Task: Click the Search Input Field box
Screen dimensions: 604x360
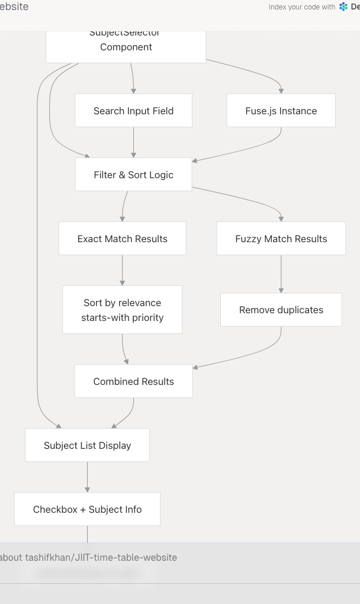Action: tap(133, 111)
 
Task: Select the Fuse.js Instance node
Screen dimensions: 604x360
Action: tap(281, 111)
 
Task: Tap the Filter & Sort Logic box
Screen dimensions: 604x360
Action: tap(133, 175)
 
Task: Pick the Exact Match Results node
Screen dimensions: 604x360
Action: tap(122, 239)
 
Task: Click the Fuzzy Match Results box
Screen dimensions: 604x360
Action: tap(281, 239)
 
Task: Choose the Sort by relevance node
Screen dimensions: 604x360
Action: tap(122, 310)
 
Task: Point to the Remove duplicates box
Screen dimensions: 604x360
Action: tap(281, 310)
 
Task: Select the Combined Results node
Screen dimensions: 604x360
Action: tap(133, 381)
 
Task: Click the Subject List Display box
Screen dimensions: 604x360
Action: tap(87, 445)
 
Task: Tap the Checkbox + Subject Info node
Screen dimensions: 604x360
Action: tap(87, 509)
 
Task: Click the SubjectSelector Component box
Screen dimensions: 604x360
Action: tap(126, 47)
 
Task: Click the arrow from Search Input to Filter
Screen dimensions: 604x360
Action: tap(133, 142)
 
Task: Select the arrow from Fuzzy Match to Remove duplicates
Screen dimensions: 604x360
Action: tap(281, 272)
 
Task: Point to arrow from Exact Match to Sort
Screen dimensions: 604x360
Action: tap(123, 269)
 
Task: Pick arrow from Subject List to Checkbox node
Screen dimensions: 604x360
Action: tap(88, 476)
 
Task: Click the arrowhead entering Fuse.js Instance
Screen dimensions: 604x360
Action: tap(281, 91)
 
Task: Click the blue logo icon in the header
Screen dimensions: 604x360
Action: tap(343, 7)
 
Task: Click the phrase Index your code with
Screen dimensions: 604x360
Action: tap(301, 7)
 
